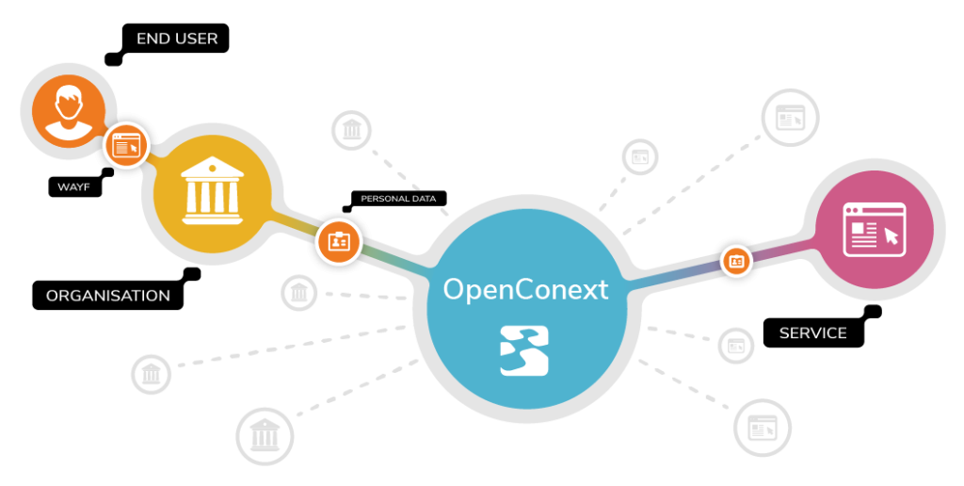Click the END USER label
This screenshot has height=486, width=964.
coord(176,39)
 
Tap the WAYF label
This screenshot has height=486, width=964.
coord(73,187)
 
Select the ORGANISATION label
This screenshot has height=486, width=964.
coord(108,296)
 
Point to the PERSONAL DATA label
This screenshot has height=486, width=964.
coord(398,199)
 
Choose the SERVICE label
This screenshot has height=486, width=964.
coord(812,332)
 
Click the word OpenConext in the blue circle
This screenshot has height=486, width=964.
coord(525,289)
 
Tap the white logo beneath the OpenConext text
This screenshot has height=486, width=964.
coord(524,350)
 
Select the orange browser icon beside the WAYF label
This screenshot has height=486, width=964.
coord(127,146)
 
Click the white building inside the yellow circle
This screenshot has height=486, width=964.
coord(212,190)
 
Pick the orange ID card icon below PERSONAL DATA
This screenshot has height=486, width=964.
coord(339,242)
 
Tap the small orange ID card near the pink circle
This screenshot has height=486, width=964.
coord(736,261)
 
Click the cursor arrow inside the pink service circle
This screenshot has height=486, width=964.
coord(891,235)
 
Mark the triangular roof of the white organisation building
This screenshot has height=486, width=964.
coord(212,166)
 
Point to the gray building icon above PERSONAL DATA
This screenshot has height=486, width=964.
coord(352,130)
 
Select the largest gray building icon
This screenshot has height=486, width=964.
coord(265,435)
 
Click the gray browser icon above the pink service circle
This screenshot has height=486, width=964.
coord(790,117)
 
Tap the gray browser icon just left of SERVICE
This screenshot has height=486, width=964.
coord(736,346)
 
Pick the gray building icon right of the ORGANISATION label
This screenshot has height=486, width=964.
coord(298,292)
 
